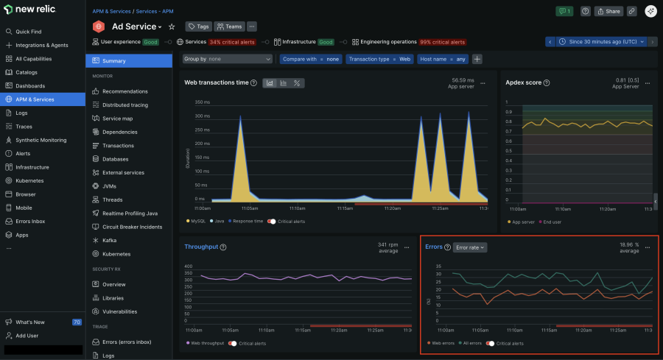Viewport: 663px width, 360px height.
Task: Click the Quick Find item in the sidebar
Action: (x=28, y=32)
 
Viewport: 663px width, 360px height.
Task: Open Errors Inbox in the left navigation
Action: (x=30, y=221)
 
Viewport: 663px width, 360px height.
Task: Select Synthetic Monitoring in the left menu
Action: (x=41, y=140)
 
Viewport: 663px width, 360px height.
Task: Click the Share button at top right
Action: (x=608, y=11)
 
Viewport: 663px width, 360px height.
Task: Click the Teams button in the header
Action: (x=229, y=27)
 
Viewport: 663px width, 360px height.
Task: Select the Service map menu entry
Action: (x=117, y=119)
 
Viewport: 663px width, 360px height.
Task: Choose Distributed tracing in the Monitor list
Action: (x=124, y=105)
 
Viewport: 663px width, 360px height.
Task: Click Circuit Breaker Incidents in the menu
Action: (x=132, y=227)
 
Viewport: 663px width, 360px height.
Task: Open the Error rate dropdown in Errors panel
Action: (x=469, y=247)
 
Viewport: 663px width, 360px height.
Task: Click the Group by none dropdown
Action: (x=227, y=59)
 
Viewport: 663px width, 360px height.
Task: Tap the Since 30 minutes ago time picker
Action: (x=600, y=42)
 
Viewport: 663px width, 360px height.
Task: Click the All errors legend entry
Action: (x=471, y=343)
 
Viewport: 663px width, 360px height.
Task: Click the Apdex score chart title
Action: (x=524, y=82)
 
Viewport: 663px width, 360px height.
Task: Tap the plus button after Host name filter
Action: (x=477, y=59)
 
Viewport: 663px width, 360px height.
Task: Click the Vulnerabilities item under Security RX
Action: (x=119, y=311)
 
